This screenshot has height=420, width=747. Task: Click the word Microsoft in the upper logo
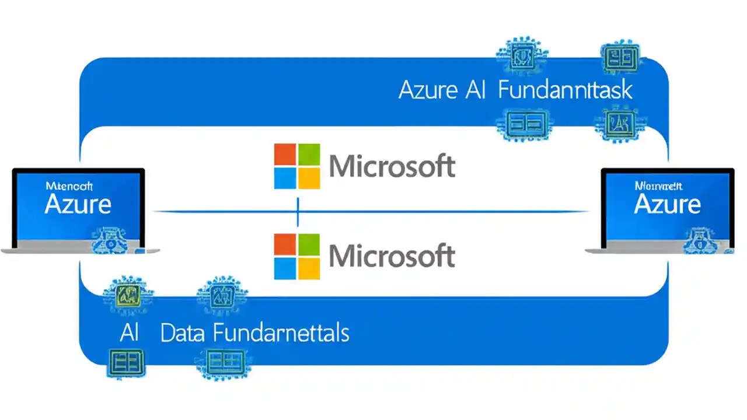[x=392, y=167]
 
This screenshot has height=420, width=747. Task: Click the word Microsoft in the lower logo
[x=392, y=257]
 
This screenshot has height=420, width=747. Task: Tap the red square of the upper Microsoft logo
[x=285, y=155]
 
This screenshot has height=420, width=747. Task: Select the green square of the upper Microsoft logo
[x=309, y=155]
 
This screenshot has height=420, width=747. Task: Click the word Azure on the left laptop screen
[x=78, y=204]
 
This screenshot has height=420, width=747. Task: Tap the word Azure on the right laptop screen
[x=667, y=204]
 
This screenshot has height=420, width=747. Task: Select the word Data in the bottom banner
[x=183, y=333]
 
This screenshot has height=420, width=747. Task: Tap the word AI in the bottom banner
[x=130, y=333]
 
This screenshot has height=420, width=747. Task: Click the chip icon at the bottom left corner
[x=125, y=362]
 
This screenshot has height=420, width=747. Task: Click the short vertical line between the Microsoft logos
[x=298, y=212]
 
